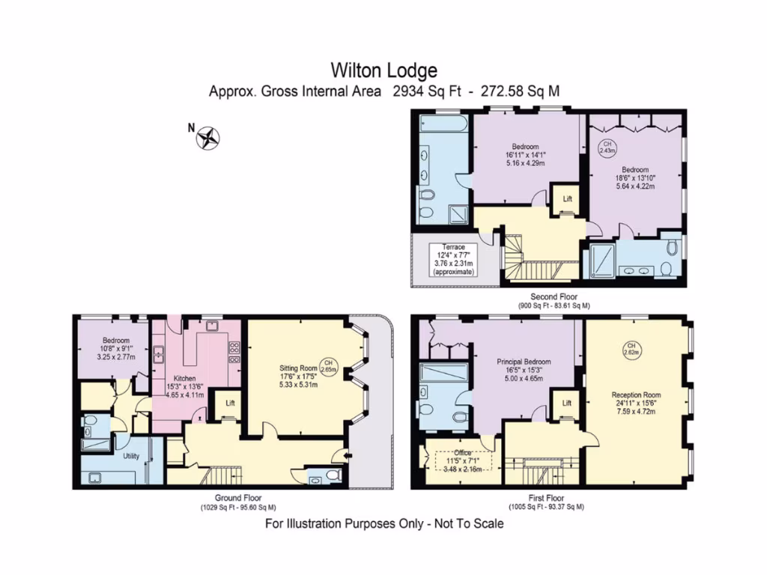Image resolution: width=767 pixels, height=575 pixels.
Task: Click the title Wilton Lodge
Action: [x=384, y=70]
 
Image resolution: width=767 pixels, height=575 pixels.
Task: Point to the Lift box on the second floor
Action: [x=567, y=199]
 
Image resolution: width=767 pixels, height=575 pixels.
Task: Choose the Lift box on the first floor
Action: [x=567, y=404]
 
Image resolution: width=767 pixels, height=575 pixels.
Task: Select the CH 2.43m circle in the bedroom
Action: [x=607, y=147]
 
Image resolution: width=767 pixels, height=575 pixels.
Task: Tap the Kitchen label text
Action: [x=184, y=379]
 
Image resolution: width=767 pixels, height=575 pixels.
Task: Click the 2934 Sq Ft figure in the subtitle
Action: [x=424, y=91]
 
